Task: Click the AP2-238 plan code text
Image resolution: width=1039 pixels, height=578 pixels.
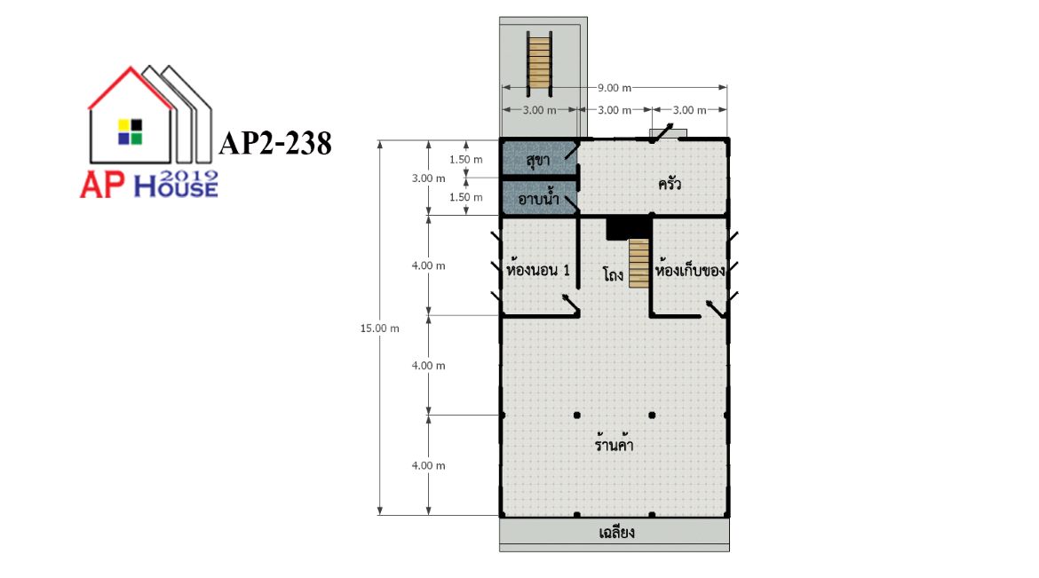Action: (275, 143)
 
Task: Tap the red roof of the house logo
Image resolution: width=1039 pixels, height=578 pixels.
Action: (131, 85)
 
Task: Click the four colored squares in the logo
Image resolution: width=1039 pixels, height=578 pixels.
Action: (130, 132)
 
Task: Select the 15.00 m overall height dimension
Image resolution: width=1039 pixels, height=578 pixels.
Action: (380, 329)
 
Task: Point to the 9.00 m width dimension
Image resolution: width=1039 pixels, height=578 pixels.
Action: (615, 88)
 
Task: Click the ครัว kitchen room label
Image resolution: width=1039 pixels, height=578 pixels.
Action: (670, 184)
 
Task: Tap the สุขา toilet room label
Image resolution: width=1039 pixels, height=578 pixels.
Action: (537, 160)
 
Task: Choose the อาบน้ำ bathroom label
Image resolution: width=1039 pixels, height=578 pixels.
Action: (538, 197)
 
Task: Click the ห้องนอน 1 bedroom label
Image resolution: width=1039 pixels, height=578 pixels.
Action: (537, 271)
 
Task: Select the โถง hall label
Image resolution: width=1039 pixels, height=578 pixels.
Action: (613, 273)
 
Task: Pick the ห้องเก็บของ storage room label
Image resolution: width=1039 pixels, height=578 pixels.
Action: (690, 271)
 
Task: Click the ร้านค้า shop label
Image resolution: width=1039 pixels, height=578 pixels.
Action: (614, 443)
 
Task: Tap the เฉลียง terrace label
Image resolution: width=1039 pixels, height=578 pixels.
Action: (616, 532)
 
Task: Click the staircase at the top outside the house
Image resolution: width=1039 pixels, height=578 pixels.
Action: (539, 63)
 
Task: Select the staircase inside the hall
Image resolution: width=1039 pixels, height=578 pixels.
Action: (638, 263)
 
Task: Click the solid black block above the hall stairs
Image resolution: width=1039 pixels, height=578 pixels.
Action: (628, 227)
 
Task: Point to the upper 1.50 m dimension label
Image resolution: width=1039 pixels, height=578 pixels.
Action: (466, 159)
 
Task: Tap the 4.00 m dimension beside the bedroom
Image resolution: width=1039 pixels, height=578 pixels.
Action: (429, 265)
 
